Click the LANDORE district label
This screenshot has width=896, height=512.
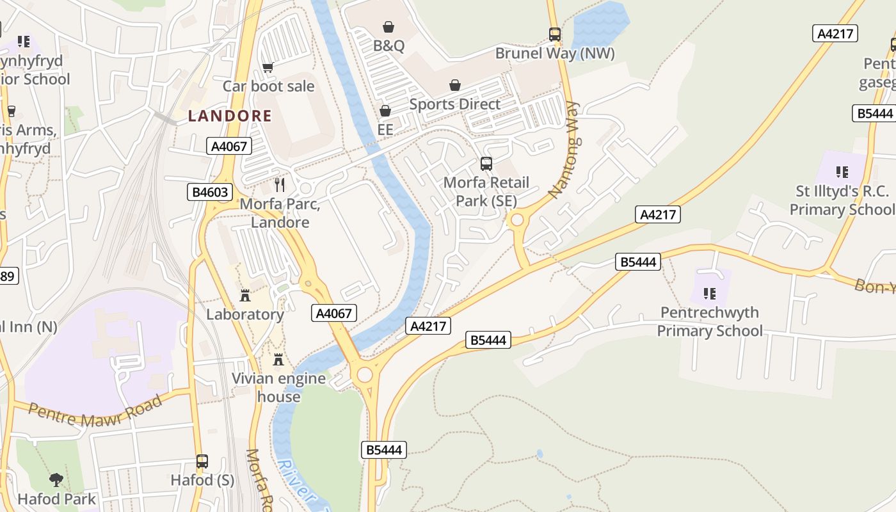(x=230, y=116)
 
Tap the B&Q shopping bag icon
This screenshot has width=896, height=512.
(x=388, y=27)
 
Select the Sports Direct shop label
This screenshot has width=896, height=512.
(x=454, y=104)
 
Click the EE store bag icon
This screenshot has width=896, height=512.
(x=385, y=111)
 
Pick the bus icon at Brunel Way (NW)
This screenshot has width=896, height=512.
(x=555, y=35)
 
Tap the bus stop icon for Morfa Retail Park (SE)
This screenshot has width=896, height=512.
(x=486, y=164)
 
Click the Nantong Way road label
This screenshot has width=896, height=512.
(x=564, y=150)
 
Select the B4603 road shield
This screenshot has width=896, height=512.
(x=209, y=192)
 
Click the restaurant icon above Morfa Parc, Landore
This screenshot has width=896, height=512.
(x=280, y=185)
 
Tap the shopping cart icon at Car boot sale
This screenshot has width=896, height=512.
(x=268, y=67)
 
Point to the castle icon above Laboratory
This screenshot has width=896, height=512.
(x=244, y=296)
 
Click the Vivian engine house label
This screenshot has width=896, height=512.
(x=278, y=387)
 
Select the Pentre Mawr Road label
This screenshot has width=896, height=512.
(x=95, y=413)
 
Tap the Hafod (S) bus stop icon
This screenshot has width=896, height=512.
(x=202, y=461)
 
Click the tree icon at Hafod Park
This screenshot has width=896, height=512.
(x=56, y=480)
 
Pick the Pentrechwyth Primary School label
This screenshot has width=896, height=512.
(x=710, y=321)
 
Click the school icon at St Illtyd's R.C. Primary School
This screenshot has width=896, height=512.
(x=842, y=172)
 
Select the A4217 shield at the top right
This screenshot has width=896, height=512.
(x=835, y=33)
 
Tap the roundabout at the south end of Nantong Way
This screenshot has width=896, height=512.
(x=517, y=221)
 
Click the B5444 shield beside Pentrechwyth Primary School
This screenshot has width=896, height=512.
(x=638, y=261)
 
